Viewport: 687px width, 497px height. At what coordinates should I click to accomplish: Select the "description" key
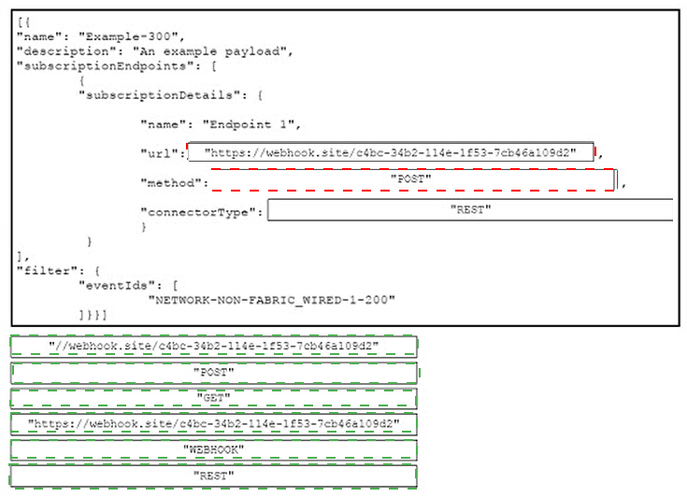64,51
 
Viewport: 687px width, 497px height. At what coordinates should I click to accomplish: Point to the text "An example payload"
210,51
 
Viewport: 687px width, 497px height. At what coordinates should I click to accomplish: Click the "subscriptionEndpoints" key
105,66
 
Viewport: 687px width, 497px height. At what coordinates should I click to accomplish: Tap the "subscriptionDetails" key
159,95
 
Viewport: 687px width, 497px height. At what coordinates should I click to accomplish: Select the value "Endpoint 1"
249,124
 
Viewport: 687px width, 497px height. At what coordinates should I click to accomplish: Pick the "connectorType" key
198,212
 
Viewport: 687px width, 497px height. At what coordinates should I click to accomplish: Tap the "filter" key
44,271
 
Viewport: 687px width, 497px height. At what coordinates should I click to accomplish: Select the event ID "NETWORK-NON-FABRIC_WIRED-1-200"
272,300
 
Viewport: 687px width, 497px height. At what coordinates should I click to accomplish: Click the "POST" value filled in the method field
410,178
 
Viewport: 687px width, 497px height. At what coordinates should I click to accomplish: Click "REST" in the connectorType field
470,210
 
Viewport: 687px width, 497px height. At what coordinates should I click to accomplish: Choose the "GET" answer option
213,398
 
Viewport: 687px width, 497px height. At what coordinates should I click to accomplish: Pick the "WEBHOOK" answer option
213,449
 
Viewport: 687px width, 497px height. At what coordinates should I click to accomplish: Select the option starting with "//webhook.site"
213,346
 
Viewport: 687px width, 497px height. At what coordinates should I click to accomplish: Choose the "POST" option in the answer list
213,373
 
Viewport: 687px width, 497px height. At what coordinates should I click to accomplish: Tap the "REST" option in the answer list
213,476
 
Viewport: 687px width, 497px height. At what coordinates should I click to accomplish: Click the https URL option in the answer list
213,424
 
